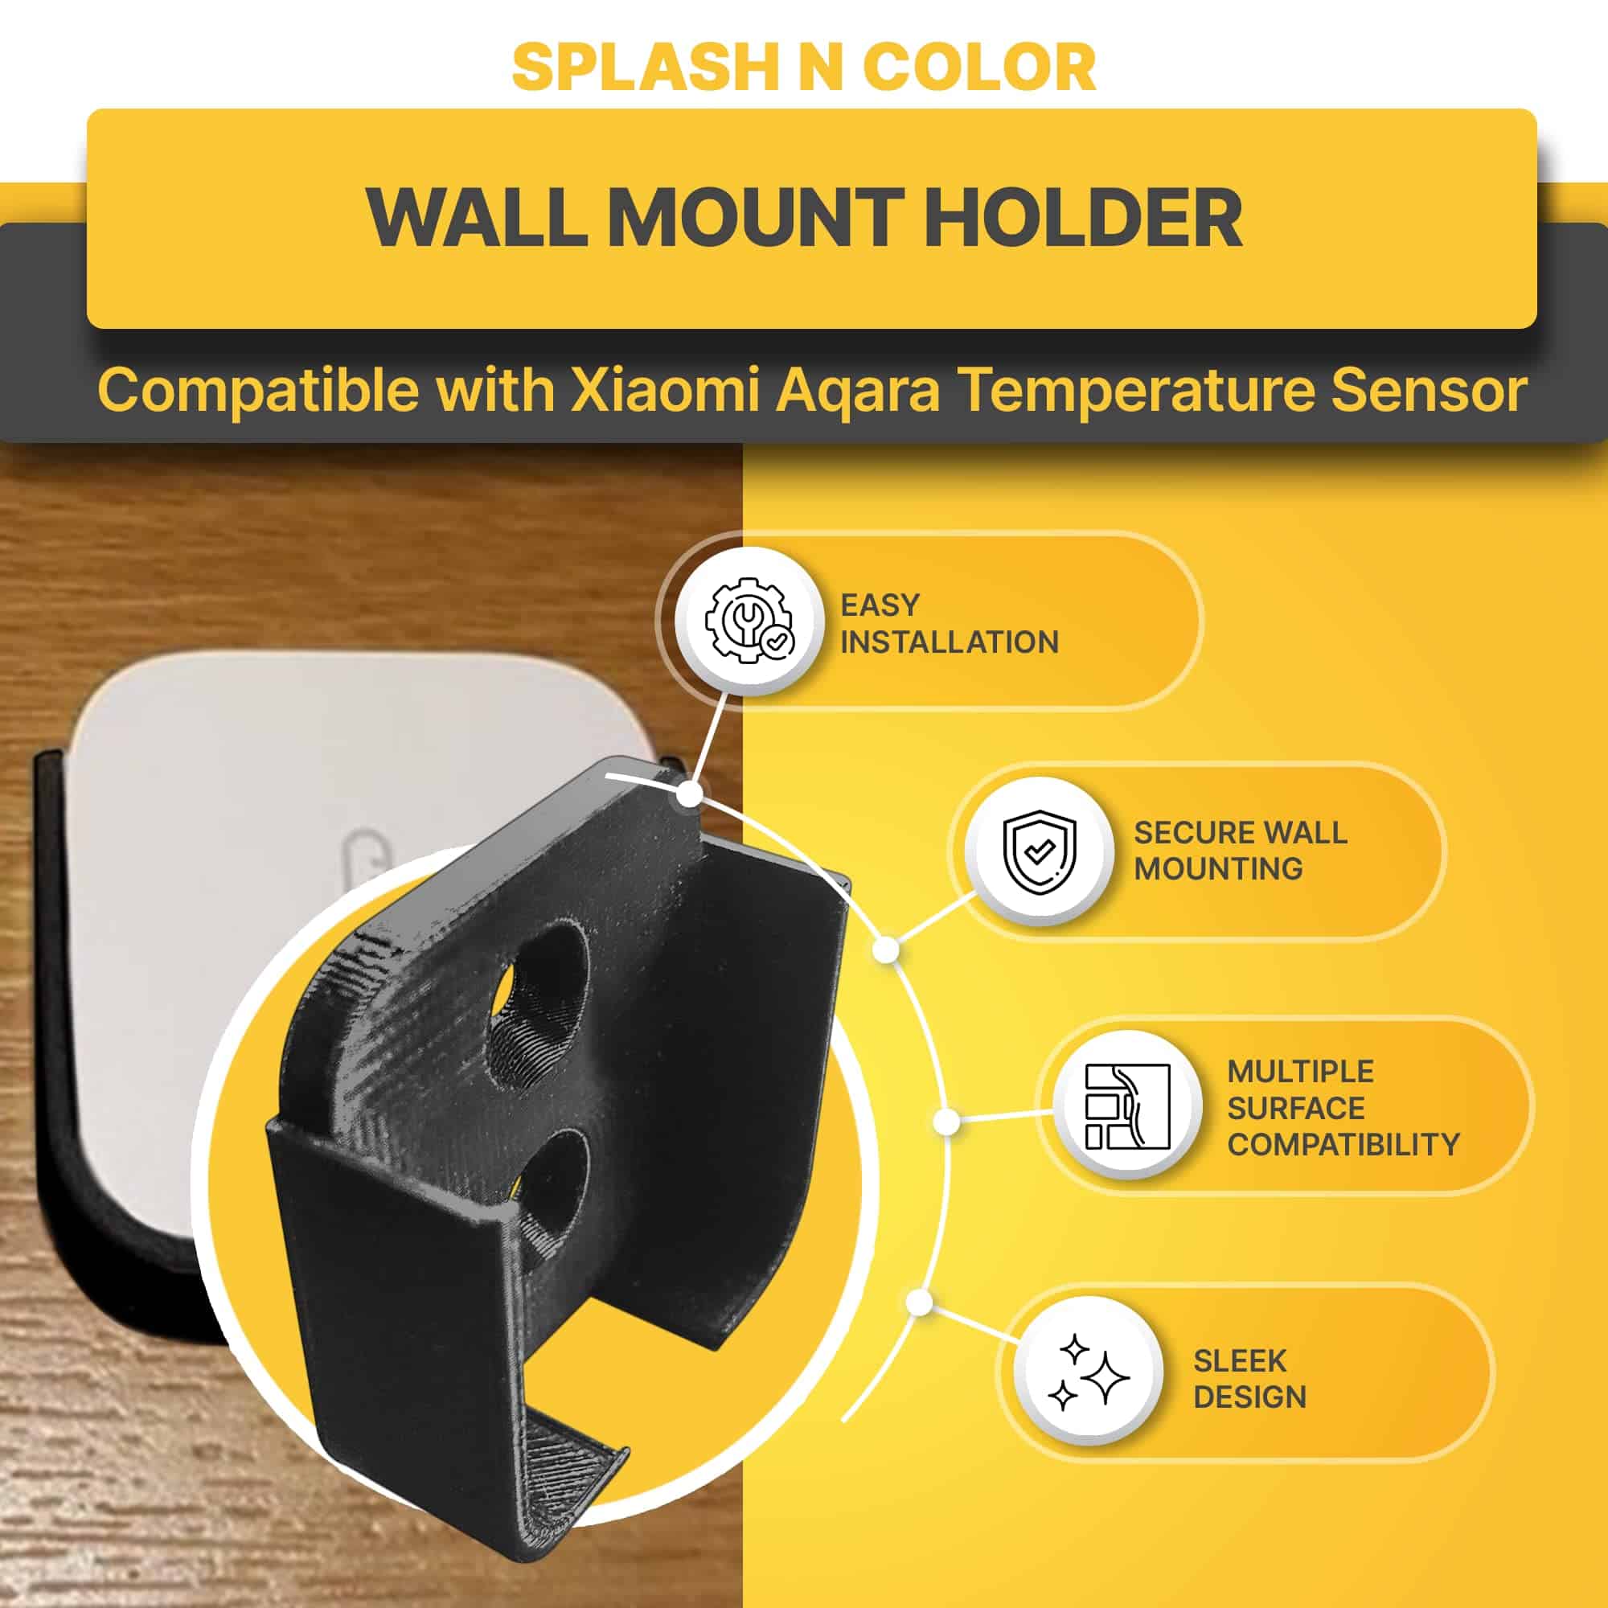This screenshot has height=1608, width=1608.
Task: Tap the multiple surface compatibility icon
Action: [x=1128, y=1107]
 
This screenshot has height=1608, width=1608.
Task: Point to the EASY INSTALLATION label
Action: [x=949, y=623]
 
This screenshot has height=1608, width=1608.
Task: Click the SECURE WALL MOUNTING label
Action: [x=1240, y=851]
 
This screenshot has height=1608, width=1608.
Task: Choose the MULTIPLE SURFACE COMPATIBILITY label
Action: [x=1343, y=1108]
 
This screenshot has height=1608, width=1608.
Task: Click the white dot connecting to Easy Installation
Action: [x=689, y=794]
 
